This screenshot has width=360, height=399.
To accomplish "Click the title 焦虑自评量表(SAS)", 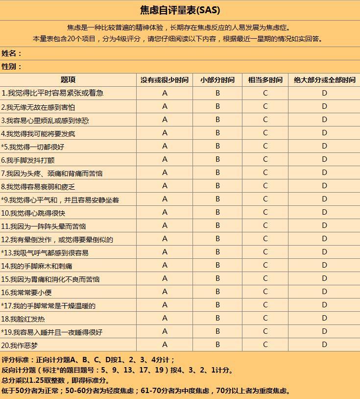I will pyautogui.click(x=180, y=10).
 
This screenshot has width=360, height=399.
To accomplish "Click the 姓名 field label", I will pyautogui.click(x=11, y=53).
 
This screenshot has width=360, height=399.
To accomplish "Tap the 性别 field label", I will pyautogui.click(x=11, y=67).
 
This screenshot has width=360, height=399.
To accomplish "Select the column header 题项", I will pyautogui.click(x=68, y=80).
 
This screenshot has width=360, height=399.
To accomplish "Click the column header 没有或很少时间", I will pyautogui.click(x=164, y=80).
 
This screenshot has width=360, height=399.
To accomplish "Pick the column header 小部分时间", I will pyautogui.click(x=217, y=80).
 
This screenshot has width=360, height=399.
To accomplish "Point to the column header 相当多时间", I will pyautogui.click(x=265, y=80).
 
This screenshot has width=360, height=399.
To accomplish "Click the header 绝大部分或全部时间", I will pyautogui.click(x=324, y=80).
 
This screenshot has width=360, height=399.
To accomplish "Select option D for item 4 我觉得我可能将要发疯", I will pyautogui.click(x=324, y=133).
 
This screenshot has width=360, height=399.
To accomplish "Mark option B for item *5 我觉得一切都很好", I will pyautogui.click(x=217, y=146).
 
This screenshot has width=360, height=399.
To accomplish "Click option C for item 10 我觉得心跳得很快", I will pyautogui.click(x=265, y=212).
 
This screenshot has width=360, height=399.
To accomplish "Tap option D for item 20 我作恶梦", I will pyautogui.click(x=324, y=345).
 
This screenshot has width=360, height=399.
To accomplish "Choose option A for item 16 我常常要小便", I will pyautogui.click(x=165, y=292).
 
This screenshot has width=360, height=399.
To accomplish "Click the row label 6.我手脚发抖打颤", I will pyautogui.click(x=28, y=160).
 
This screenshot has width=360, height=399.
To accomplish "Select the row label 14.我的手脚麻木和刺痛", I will pyautogui.click(x=37, y=266).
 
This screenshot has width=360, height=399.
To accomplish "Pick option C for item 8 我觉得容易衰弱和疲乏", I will pyautogui.click(x=265, y=186).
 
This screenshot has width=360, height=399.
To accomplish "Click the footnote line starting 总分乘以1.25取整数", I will pyautogui.click(x=56, y=380).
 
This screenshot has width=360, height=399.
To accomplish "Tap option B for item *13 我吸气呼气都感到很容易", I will pyautogui.click(x=217, y=252).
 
